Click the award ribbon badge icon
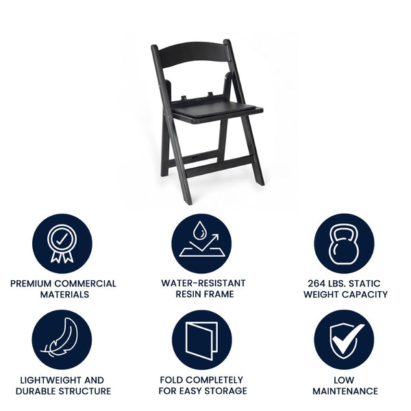tap(62, 244)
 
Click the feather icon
tap(62, 340)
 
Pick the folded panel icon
tap(201, 340)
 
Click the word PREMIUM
tap(32, 284)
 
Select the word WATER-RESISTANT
tap(203, 283)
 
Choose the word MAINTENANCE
tap(345, 391)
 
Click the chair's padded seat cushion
tap(216, 108)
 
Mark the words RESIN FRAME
tap(204, 295)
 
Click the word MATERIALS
tap(63, 295)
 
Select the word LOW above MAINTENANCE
tap(345, 380)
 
